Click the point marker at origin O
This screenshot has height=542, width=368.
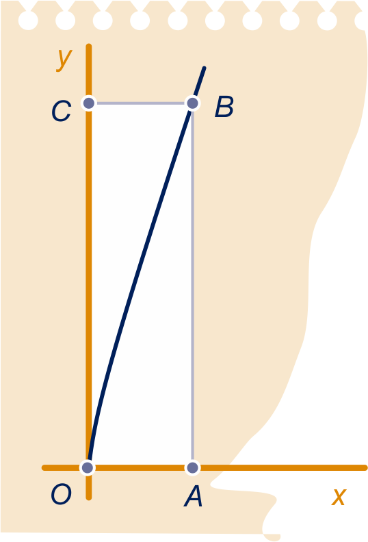point(88,467)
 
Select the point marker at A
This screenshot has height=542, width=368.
point(192,467)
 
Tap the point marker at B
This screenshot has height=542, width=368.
point(192,103)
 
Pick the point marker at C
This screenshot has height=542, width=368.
point(89,103)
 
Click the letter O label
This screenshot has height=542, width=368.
point(61,494)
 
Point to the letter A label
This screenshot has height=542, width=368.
point(193,495)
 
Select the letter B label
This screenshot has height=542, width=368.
point(224,107)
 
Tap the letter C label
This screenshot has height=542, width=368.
point(61,111)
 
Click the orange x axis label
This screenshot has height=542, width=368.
point(339,497)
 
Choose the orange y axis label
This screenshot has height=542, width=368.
point(64,59)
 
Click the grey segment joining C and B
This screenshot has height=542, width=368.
point(141,103)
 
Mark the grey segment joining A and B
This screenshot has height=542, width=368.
point(192,285)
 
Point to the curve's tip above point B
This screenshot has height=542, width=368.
point(205,68)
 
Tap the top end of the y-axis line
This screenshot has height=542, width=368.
point(89,46)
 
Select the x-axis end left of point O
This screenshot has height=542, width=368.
point(44,467)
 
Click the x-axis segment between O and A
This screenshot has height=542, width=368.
point(140,467)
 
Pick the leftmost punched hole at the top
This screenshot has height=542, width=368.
point(28,20)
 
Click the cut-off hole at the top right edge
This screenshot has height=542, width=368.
point(360,21)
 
